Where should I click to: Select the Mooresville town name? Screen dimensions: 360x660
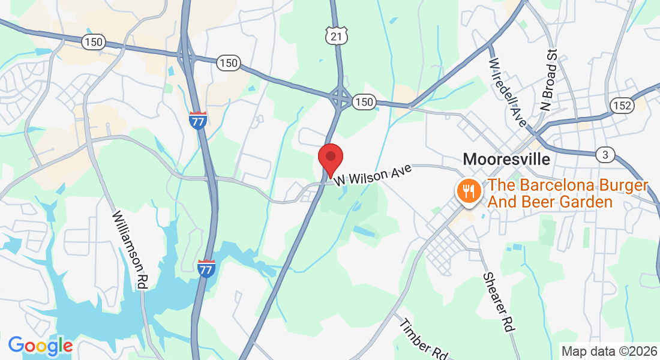(506, 159)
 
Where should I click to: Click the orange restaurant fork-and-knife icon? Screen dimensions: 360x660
(467, 191)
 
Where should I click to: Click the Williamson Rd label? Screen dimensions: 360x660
(133, 251)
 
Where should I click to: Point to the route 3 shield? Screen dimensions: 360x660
(605, 155)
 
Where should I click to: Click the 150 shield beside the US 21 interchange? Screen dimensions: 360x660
(364, 102)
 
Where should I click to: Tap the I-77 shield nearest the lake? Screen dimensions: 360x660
(206, 268)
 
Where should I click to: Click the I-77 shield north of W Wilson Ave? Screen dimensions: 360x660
(197, 120)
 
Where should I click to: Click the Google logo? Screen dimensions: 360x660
(40, 346)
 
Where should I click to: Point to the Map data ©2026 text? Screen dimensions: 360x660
(608, 351)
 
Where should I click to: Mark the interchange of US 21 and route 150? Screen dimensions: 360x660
(340, 95)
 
